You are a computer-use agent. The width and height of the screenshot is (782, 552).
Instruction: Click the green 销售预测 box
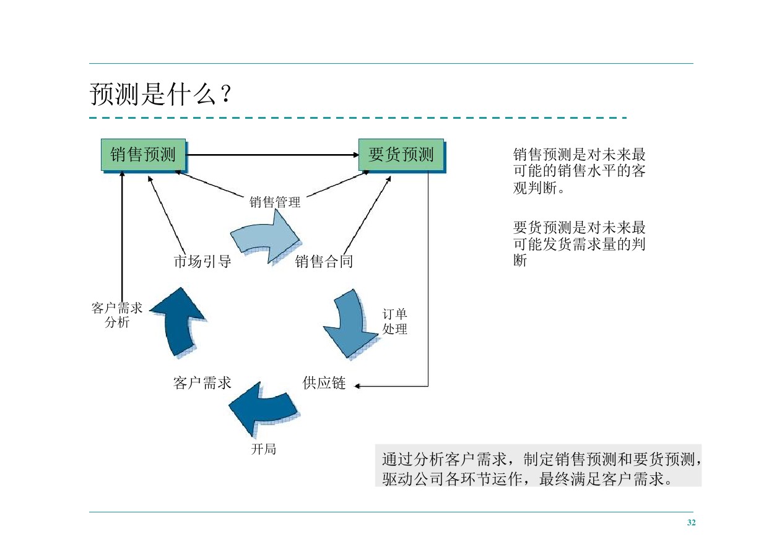click(143, 155)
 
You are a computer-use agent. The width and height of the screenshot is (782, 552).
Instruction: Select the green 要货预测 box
click(401, 155)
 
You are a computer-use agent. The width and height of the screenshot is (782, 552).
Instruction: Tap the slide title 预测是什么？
click(160, 95)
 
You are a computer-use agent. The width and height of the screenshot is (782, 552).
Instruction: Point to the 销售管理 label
click(275, 202)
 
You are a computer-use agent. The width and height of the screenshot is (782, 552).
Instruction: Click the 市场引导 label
click(202, 262)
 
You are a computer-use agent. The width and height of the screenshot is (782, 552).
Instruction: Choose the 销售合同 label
click(324, 262)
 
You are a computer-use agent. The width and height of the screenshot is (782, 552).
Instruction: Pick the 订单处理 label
click(395, 322)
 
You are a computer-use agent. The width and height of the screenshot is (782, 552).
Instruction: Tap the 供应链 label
click(324, 384)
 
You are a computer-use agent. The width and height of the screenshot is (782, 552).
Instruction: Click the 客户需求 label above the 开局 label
click(202, 384)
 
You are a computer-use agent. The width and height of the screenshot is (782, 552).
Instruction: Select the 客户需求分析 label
click(116, 315)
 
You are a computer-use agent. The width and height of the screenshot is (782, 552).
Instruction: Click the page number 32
click(692, 523)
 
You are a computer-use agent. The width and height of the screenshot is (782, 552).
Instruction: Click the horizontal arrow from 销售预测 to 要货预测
click(272, 155)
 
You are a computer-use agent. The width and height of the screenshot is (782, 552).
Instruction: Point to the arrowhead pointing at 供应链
click(357, 386)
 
